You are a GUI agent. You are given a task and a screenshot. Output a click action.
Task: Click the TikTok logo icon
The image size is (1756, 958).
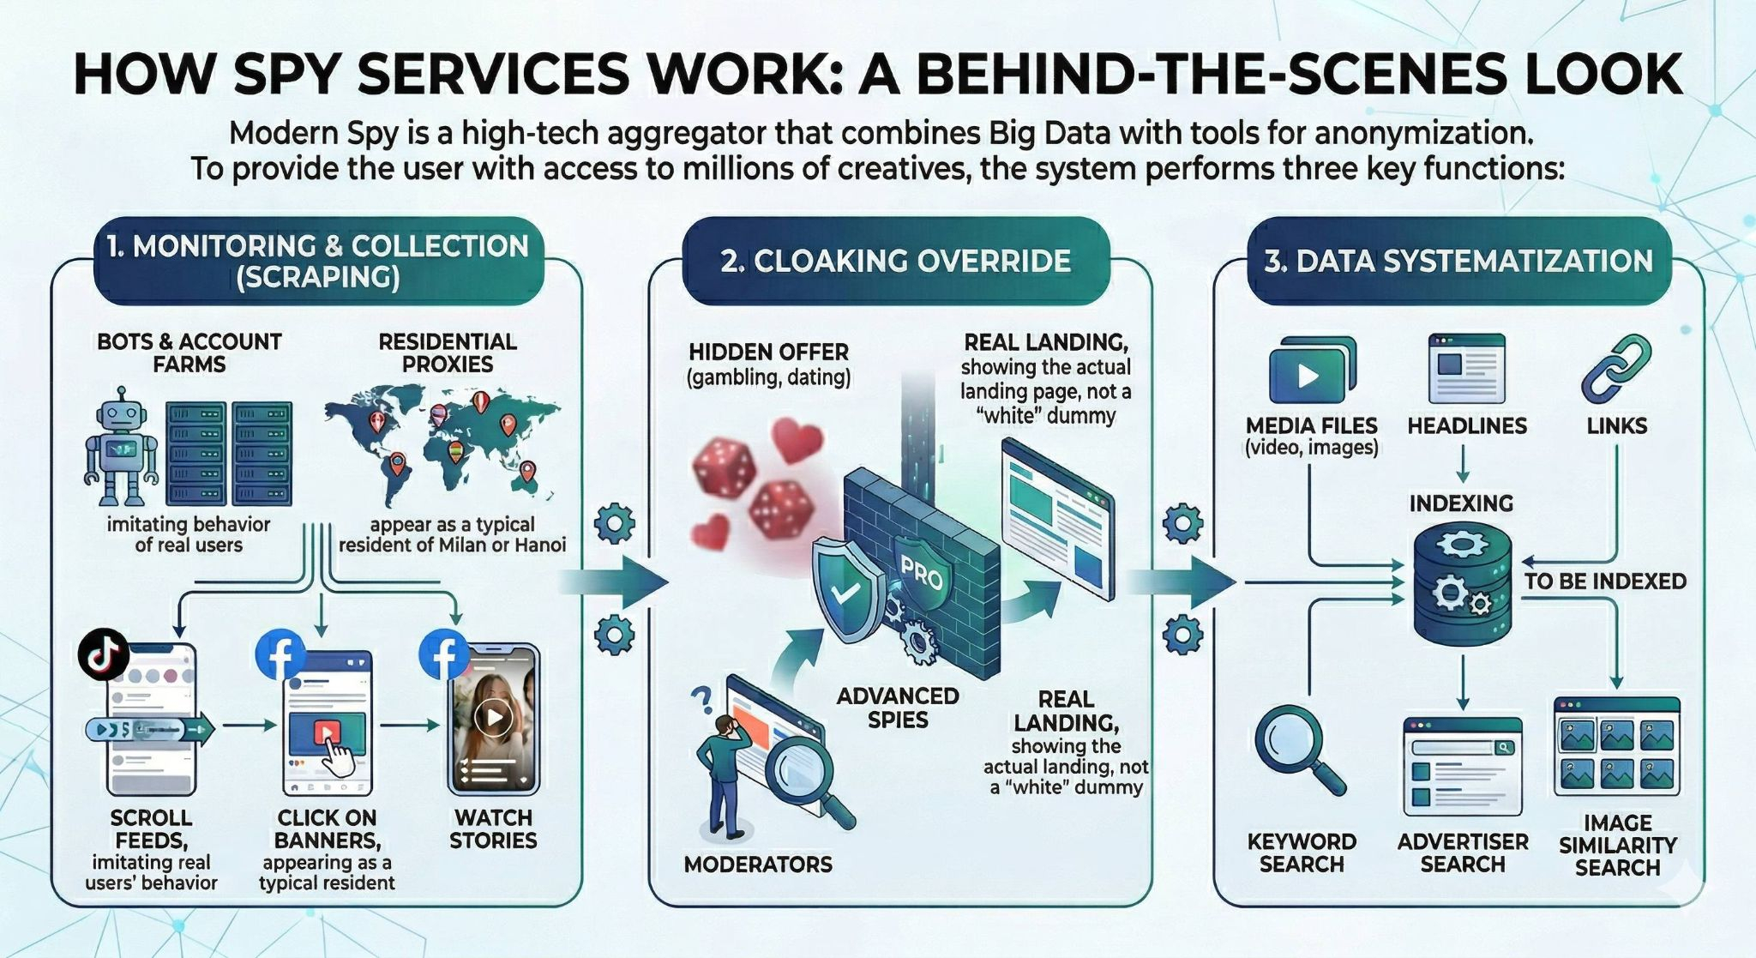pos(104,655)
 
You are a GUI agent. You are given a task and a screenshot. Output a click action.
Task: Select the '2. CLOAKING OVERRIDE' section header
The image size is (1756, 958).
pos(896,261)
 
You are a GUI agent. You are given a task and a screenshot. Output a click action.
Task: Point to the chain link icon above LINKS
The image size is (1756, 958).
pos(1616,370)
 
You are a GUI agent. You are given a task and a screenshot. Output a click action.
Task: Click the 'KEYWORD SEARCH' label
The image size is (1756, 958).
pos(1302,853)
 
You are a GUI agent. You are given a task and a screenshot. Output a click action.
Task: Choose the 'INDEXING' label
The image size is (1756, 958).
pos(1461,503)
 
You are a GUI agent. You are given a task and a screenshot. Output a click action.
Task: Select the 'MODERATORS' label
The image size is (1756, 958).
pos(758,864)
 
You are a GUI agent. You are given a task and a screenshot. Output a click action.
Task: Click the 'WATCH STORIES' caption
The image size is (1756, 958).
pos(493,828)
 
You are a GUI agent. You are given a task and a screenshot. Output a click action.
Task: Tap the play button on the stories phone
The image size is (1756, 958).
pos(494,717)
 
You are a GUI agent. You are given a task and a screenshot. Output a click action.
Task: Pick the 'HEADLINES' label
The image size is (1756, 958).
pos(1467,425)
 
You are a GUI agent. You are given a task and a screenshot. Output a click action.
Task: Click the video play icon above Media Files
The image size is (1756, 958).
pos(1308,375)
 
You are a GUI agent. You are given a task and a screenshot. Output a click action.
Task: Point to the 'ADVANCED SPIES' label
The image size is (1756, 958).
pos(898,708)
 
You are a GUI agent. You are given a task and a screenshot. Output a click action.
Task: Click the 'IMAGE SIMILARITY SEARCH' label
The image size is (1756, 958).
pos(1618,845)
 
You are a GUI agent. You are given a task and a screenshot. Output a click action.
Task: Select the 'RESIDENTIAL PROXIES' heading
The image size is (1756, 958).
pos(448,352)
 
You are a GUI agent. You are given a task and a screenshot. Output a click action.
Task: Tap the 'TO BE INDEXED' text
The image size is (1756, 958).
pos(1605,581)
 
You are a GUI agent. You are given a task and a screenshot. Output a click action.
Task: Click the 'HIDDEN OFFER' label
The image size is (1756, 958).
pos(768,352)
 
